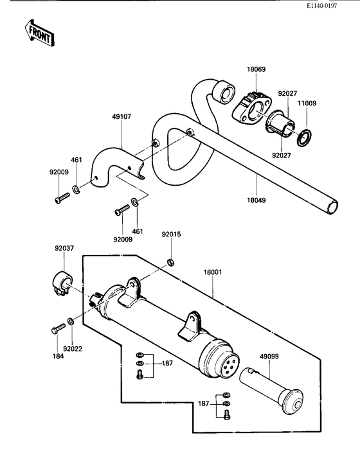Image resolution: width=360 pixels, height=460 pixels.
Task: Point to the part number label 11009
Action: click(x=306, y=103)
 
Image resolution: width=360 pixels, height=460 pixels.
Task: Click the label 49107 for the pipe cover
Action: click(x=121, y=118)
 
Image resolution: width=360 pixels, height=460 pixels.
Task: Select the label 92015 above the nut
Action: click(x=171, y=234)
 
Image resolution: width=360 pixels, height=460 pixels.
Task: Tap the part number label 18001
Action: click(x=213, y=272)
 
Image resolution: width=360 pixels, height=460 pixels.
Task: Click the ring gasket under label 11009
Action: click(x=305, y=136)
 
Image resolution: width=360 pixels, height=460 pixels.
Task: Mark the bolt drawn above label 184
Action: click(x=56, y=328)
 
